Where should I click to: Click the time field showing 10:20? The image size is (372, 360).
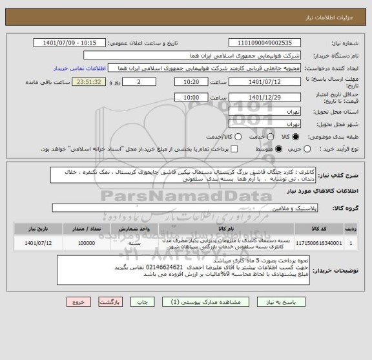click(187, 82)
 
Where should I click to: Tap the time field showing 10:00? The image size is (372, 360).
click(187, 96)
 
